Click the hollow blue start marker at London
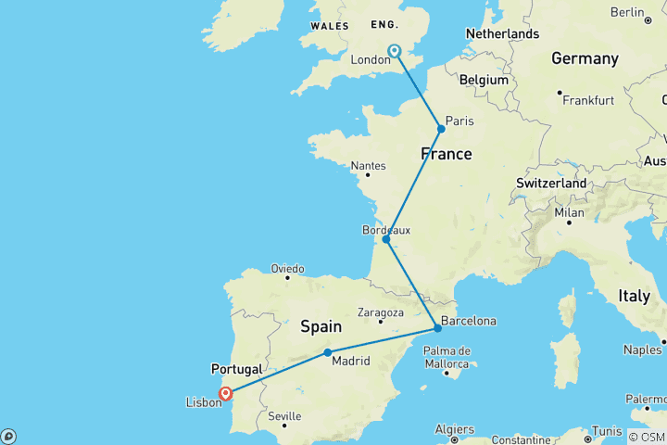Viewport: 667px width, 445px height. point(395,51)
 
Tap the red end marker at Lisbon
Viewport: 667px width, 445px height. point(225,394)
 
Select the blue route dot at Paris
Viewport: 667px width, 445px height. point(442,129)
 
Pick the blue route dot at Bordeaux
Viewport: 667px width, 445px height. point(386,239)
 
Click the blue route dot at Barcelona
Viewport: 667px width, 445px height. point(437,328)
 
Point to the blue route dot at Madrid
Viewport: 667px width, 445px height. point(328,352)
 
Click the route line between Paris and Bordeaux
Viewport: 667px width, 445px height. point(414,184)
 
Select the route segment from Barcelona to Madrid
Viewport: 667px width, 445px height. point(383,340)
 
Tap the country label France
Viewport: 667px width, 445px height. point(447,154)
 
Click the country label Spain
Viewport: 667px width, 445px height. point(321,326)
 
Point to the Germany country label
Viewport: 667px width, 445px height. point(585,58)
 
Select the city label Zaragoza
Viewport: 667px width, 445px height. point(380,312)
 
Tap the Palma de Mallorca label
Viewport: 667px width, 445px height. point(447,357)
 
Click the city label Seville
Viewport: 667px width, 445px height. point(284,416)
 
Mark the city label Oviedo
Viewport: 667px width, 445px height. point(286,269)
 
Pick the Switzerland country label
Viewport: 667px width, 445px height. point(551,184)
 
